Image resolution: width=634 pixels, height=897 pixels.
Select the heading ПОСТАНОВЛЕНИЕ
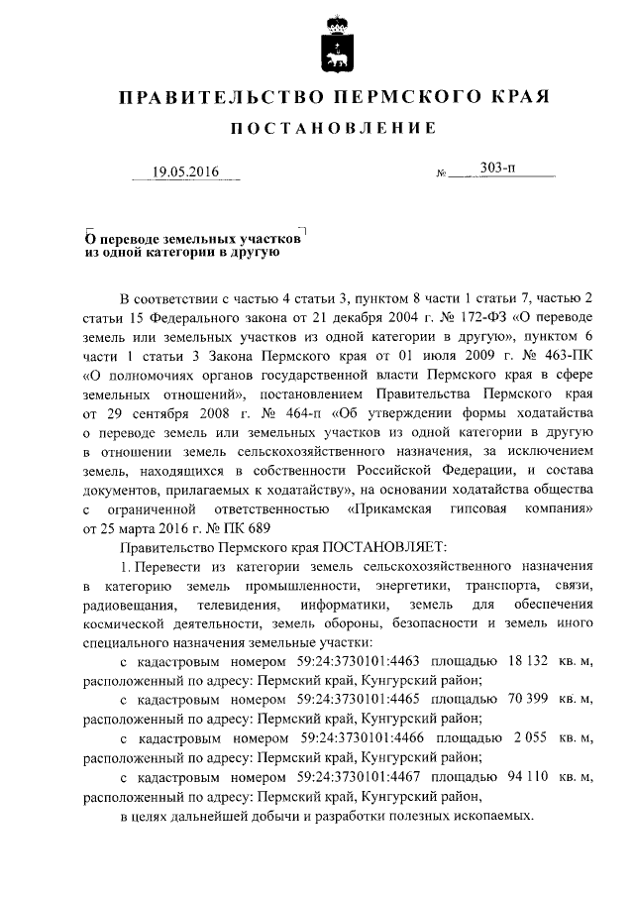point(333,129)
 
